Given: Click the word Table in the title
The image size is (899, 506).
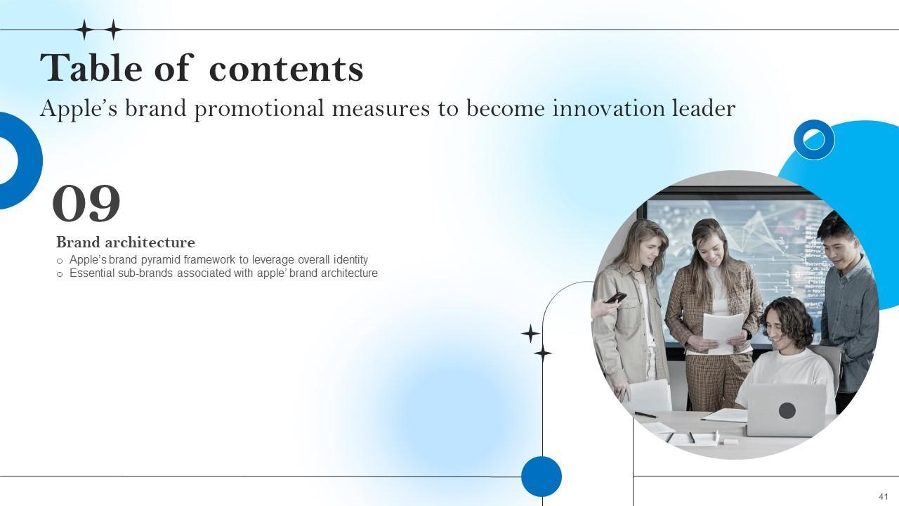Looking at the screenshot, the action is [x=91, y=67].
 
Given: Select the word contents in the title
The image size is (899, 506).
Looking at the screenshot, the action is [x=286, y=69].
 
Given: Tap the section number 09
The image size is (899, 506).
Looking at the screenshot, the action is [x=86, y=203].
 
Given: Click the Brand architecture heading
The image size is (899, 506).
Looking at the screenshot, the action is [x=126, y=242].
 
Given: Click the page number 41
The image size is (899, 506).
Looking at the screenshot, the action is [x=884, y=496].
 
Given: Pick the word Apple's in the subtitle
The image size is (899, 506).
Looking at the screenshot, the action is [x=79, y=109].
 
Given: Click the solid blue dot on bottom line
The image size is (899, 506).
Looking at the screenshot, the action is [x=542, y=476].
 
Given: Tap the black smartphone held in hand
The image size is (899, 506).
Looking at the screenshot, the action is [x=616, y=297].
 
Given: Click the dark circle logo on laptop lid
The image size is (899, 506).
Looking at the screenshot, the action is [x=787, y=410].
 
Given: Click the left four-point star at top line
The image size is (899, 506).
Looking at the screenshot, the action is [x=84, y=30].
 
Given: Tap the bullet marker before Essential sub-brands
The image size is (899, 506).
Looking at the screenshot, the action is [x=60, y=275].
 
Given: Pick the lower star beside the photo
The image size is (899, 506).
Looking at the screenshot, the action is [x=543, y=353].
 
